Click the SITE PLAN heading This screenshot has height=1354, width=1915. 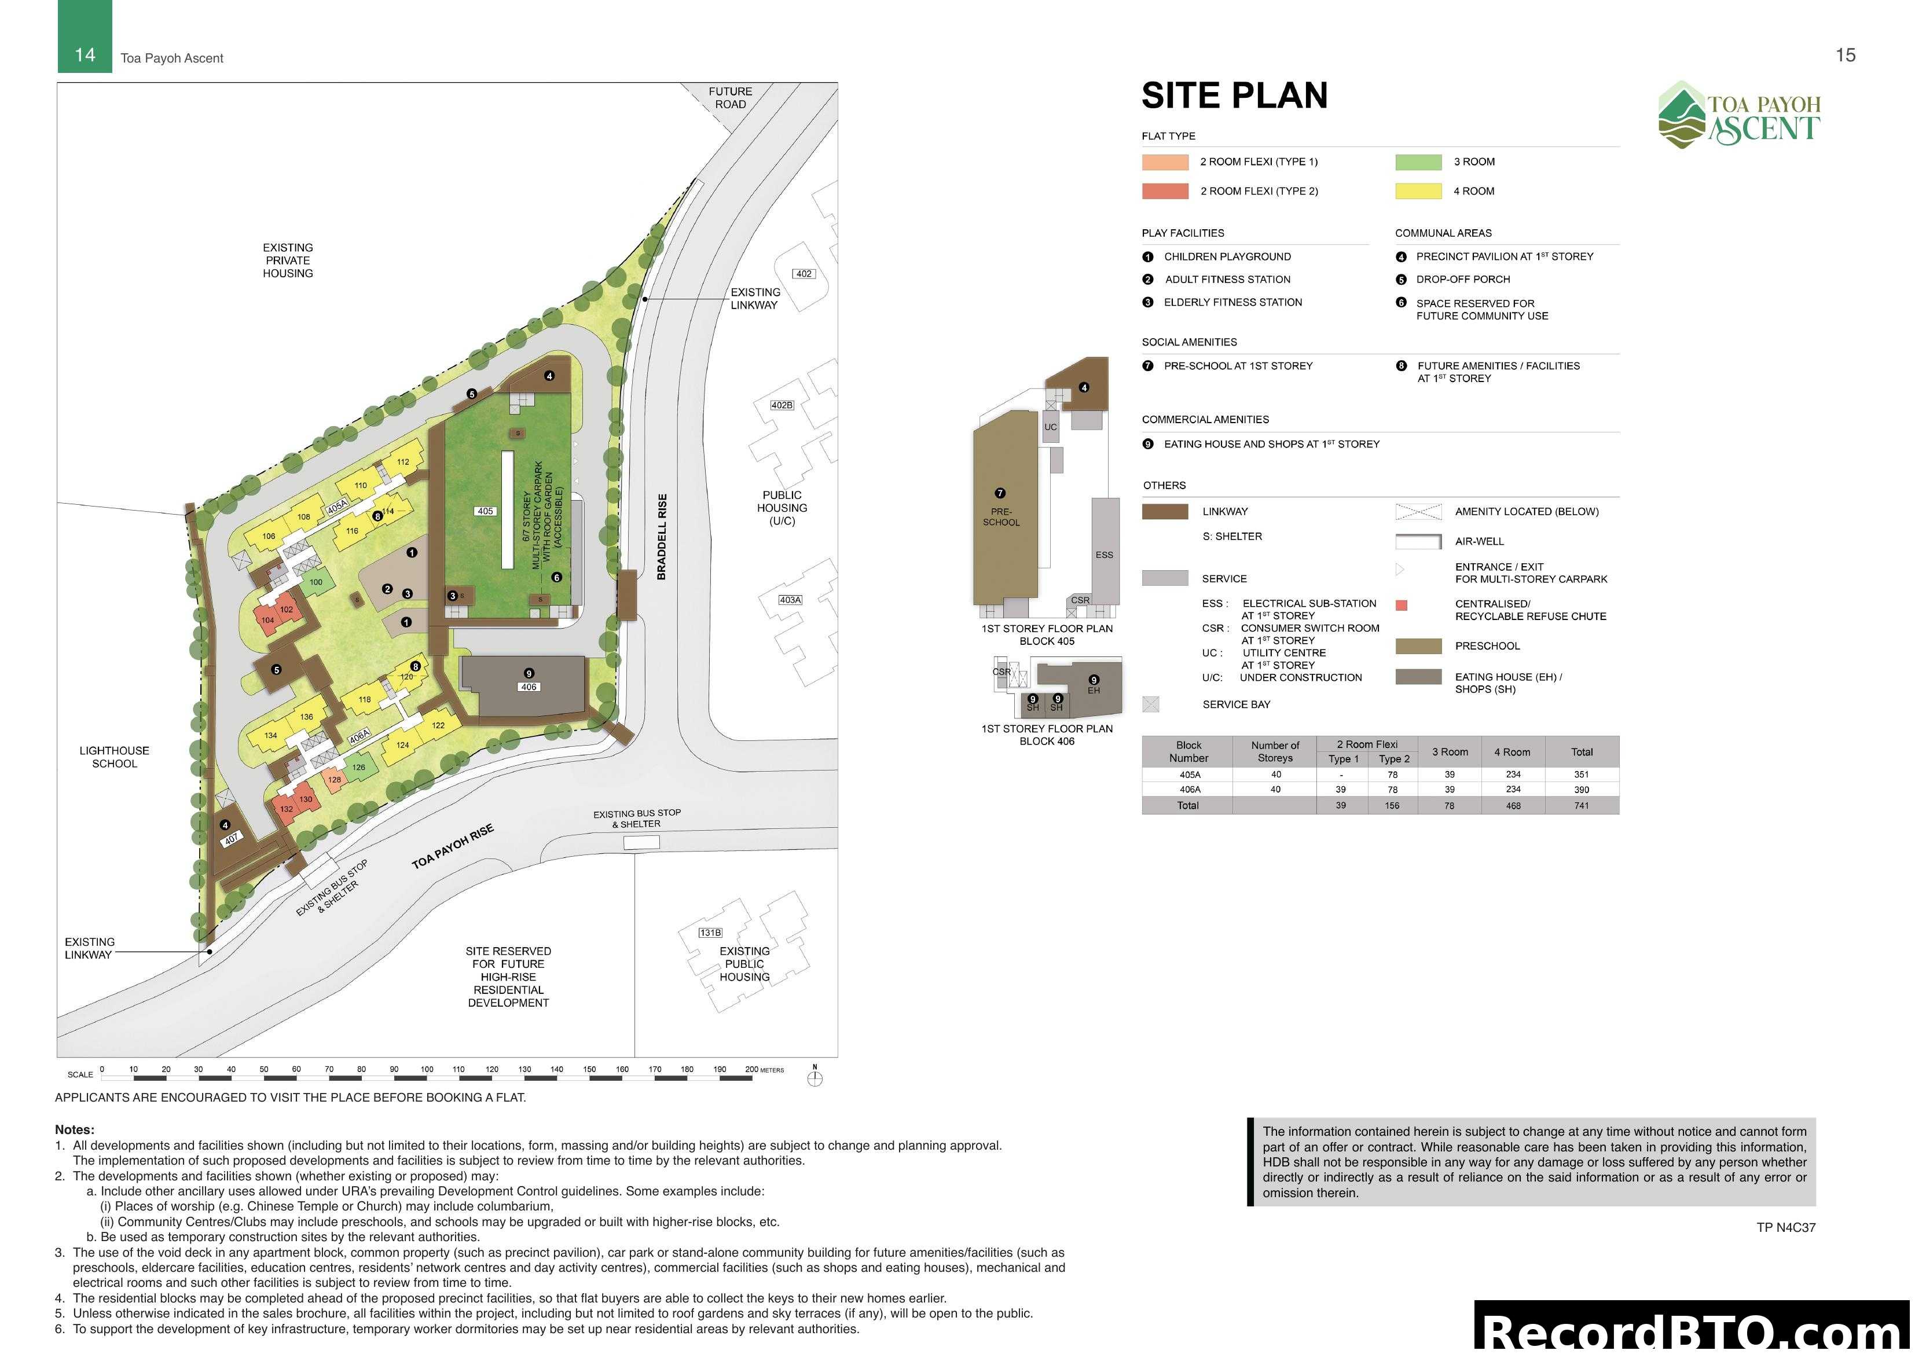tap(1234, 96)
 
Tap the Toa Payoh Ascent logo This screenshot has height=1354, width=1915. tap(1739, 115)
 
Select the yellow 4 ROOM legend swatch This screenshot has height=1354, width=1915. tap(1418, 191)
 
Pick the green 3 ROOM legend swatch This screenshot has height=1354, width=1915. tap(1418, 162)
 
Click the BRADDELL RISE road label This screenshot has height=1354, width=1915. tap(662, 537)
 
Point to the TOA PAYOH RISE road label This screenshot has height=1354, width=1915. tap(453, 847)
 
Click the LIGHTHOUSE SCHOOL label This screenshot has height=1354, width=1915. tap(114, 757)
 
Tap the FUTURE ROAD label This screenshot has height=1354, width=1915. tap(730, 98)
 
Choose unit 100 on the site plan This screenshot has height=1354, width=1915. tap(316, 582)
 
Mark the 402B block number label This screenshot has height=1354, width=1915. tap(782, 405)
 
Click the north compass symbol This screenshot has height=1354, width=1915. tap(815, 1078)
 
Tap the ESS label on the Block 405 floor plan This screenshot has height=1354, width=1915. tap(1103, 555)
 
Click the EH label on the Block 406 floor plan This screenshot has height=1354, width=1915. tap(1094, 691)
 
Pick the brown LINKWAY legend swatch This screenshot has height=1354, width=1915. tap(1164, 511)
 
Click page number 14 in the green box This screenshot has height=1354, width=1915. tap(85, 55)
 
